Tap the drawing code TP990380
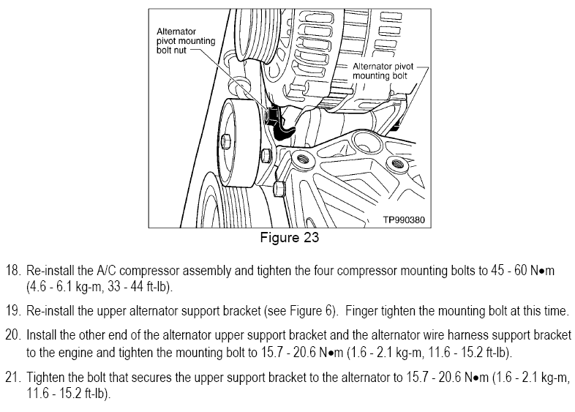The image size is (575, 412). click(403, 219)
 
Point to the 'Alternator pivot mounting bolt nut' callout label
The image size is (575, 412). click(186, 42)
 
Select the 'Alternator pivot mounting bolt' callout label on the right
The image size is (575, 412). click(383, 70)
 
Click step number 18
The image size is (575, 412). click(12, 271)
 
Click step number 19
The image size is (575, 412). click(12, 311)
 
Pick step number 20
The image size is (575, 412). click(12, 336)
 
